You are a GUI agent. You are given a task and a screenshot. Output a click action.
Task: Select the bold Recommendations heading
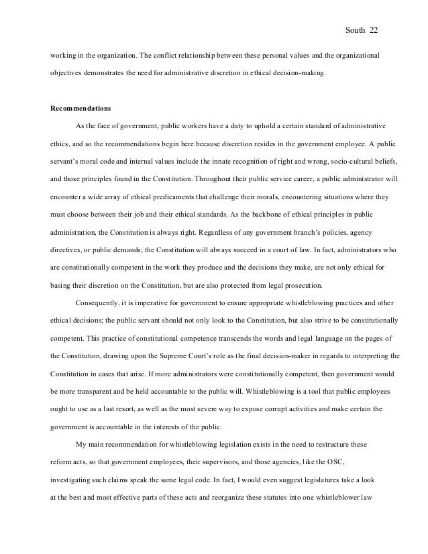81,107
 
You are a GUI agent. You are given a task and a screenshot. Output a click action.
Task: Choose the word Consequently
99,303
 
